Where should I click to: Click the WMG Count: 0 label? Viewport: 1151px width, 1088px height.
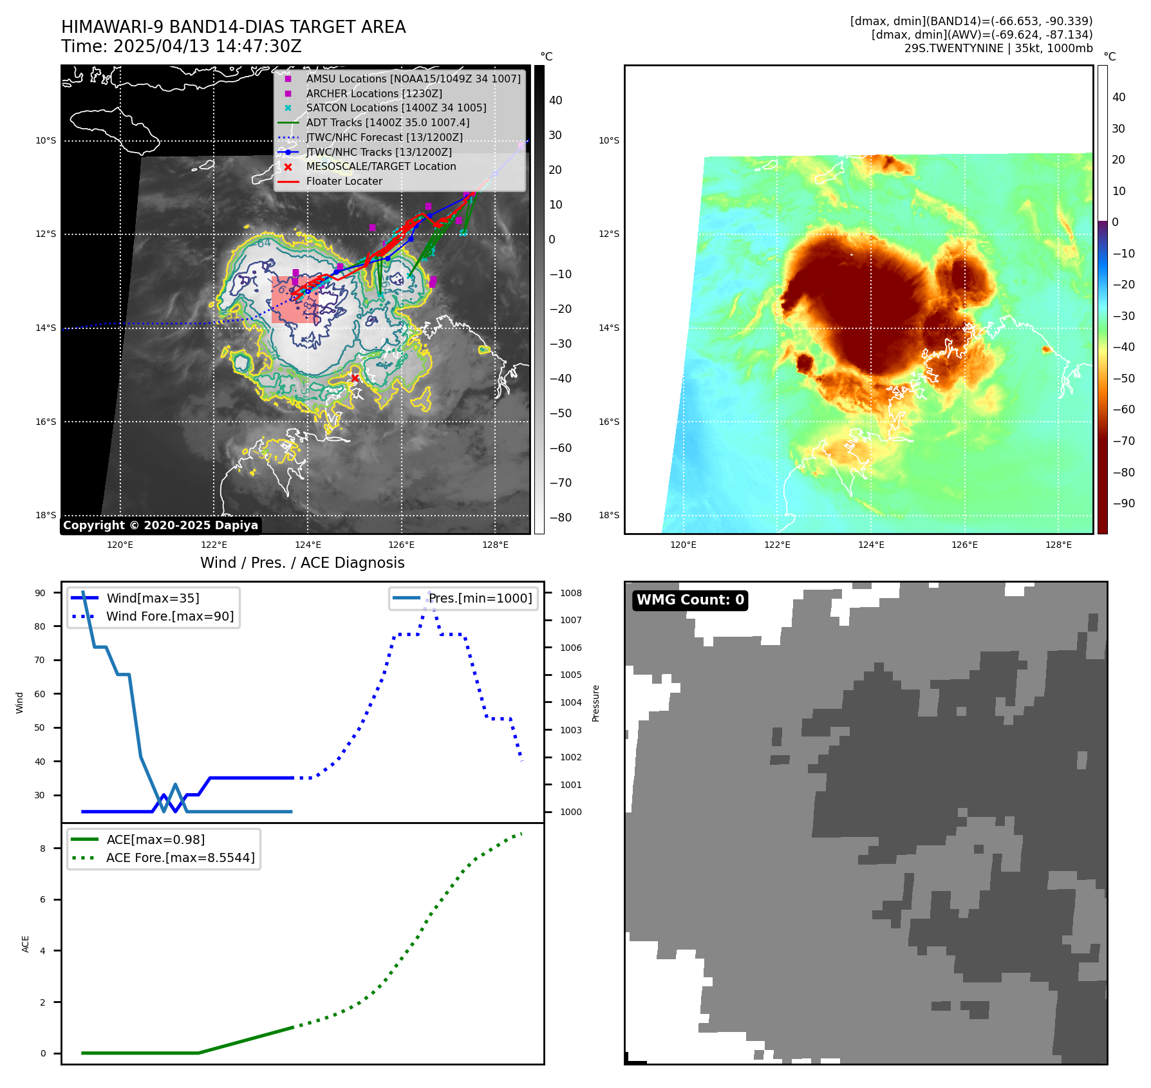point(690,600)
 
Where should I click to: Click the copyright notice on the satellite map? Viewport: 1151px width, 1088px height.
point(160,525)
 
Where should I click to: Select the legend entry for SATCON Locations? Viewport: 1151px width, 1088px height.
point(396,108)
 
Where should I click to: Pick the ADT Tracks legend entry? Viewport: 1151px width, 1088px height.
point(388,123)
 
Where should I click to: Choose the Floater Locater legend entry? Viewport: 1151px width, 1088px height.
point(344,182)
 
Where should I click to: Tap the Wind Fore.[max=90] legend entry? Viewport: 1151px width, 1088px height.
point(170,617)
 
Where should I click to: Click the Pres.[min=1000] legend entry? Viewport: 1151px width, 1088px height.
point(480,599)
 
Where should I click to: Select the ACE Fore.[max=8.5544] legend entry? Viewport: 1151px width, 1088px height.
point(180,858)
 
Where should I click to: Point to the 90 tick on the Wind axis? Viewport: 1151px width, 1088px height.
point(40,593)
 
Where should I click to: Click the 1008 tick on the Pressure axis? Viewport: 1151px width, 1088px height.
point(570,593)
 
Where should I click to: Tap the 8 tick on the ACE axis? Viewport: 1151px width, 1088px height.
point(43,849)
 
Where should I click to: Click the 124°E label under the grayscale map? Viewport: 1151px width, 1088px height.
point(308,545)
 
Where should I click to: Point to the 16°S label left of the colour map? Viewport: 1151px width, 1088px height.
point(609,422)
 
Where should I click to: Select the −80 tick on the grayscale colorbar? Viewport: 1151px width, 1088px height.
point(560,518)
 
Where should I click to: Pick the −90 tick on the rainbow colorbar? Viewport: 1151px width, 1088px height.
point(1123,503)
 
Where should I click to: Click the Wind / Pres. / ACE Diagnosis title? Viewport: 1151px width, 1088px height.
point(302,563)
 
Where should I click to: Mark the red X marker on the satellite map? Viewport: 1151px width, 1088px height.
point(355,378)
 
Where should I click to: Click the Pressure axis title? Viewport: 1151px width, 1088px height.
point(595,703)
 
